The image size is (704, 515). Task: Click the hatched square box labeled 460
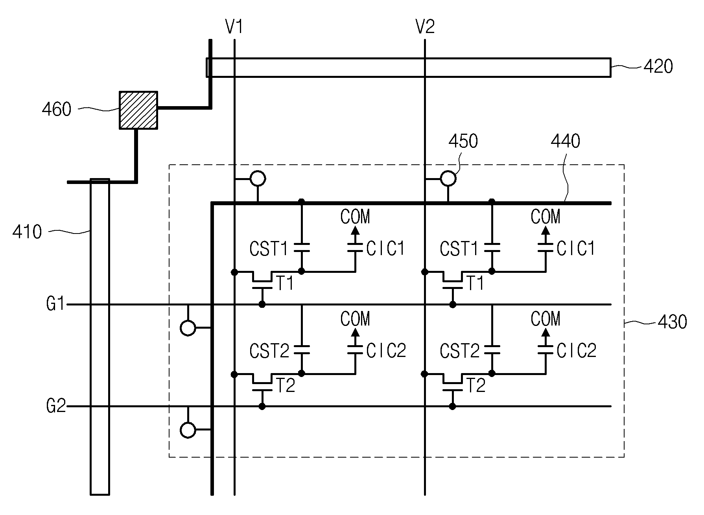138,110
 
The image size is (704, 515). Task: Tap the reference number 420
658,67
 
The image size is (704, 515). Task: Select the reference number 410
27,232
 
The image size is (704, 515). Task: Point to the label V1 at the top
234,27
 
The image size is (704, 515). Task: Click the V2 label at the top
425,27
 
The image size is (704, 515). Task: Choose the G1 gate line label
55,304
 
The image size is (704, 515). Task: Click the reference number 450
463,141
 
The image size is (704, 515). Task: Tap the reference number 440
566,141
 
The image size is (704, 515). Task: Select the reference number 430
672,322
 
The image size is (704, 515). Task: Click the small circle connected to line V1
258,179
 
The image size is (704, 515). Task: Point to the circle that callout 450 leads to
448,179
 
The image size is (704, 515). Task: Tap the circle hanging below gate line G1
188,327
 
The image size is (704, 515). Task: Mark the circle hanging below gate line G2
188,430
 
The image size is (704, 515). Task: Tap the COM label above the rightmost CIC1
546,217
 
